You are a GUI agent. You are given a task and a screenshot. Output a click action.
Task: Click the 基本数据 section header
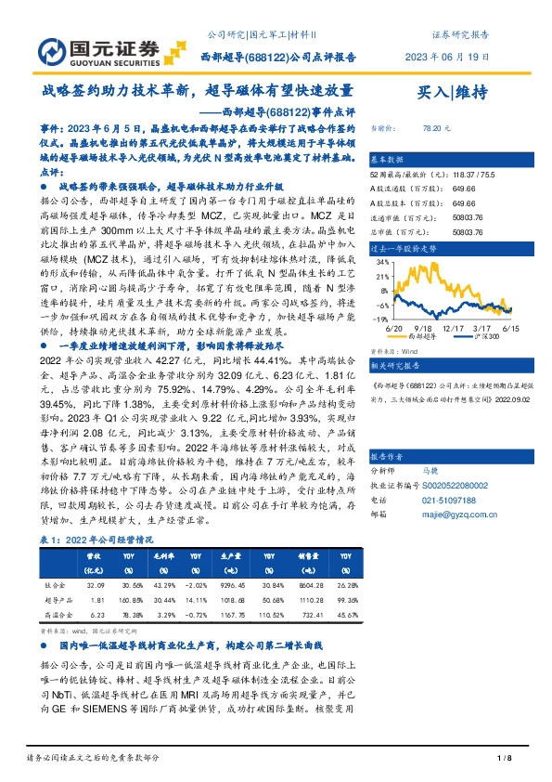387,158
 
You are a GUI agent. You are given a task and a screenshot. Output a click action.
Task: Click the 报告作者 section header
387,458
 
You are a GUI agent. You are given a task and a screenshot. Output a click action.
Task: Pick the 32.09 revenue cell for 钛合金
95,586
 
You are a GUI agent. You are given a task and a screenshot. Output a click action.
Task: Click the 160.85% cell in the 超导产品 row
132,601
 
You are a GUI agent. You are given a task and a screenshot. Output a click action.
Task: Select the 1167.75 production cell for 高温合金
233,615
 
